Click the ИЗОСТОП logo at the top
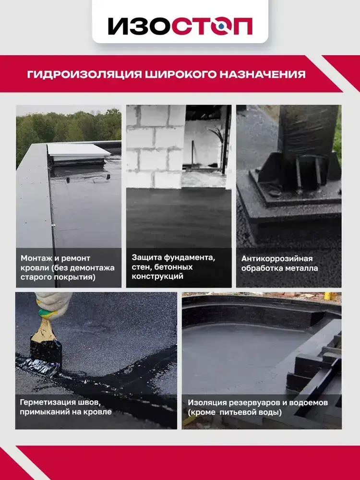(x=180, y=26)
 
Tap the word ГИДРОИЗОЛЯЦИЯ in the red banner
(x=84, y=74)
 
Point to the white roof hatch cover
(x=79, y=150)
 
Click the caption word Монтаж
(x=34, y=258)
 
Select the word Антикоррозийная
(x=277, y=259)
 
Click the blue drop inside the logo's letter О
(x=221, y=27)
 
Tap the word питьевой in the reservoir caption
(x=238, y=412)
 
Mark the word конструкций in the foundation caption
(x=157, y=276)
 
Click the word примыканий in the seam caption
(x=45, y=412)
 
